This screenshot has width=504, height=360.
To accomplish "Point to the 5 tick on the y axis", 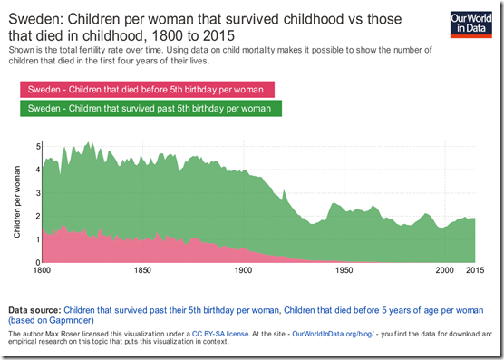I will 29,146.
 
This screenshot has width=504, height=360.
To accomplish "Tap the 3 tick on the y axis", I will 29,193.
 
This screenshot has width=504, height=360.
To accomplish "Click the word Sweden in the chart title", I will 34,17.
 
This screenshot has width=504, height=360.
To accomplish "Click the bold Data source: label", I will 34,309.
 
